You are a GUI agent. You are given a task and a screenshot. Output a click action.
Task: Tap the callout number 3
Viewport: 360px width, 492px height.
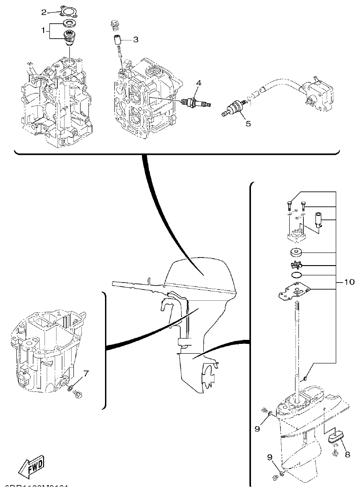click(135, 40)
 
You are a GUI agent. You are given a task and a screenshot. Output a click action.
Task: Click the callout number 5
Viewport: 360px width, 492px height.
click(248, 124)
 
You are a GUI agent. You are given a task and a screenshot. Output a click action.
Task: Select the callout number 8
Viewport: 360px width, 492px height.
click(348, 454)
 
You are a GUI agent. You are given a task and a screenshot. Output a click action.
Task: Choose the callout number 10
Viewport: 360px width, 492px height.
click(349, 282)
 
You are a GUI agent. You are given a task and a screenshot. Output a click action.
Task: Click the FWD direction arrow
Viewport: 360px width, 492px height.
click(32, 467)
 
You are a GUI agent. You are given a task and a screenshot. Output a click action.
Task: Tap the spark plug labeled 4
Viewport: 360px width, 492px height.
click(195, 102)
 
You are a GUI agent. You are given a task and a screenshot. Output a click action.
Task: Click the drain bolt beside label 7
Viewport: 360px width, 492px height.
click(79, 393)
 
